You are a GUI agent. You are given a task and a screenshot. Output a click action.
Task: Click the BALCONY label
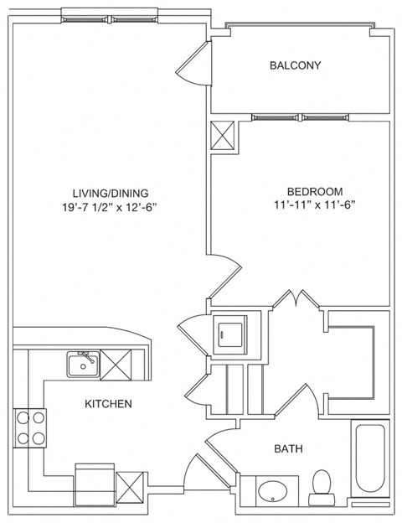coord(295,65)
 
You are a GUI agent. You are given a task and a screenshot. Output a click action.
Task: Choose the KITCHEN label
coord(108,404)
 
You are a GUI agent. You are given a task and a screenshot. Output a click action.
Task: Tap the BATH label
coord(289,449)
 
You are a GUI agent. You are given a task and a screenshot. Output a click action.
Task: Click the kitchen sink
coord(83,364)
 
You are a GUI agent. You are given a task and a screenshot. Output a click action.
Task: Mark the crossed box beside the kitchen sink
coord(115,364)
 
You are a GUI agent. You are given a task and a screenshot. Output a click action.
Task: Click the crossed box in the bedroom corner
coord(224,136)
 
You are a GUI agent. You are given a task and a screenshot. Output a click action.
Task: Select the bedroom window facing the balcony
coord(277,117)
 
